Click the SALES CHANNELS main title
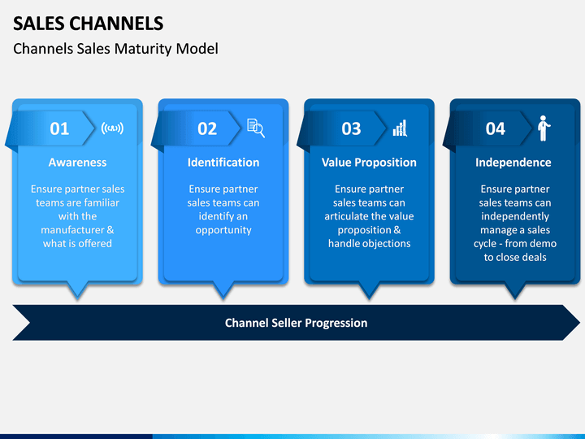click(88, 24)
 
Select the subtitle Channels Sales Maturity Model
click(115, 49)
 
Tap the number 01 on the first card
click(59, 128)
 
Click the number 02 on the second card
click(207, 128)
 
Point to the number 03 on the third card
click(351, 128)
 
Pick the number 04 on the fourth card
click(495, 128)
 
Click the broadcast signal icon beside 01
click(112, 128)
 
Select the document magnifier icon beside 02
click(256, 128)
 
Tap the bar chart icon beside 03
click(400, 128)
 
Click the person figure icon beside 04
click(544, 128)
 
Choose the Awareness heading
click(78, 163)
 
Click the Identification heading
click(223, 163)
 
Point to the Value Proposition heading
click(369, 163)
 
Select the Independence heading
click(513, 163)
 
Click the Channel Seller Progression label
click(297, 323)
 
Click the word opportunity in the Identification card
click(223, 230)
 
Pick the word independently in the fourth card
click(515, 216)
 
